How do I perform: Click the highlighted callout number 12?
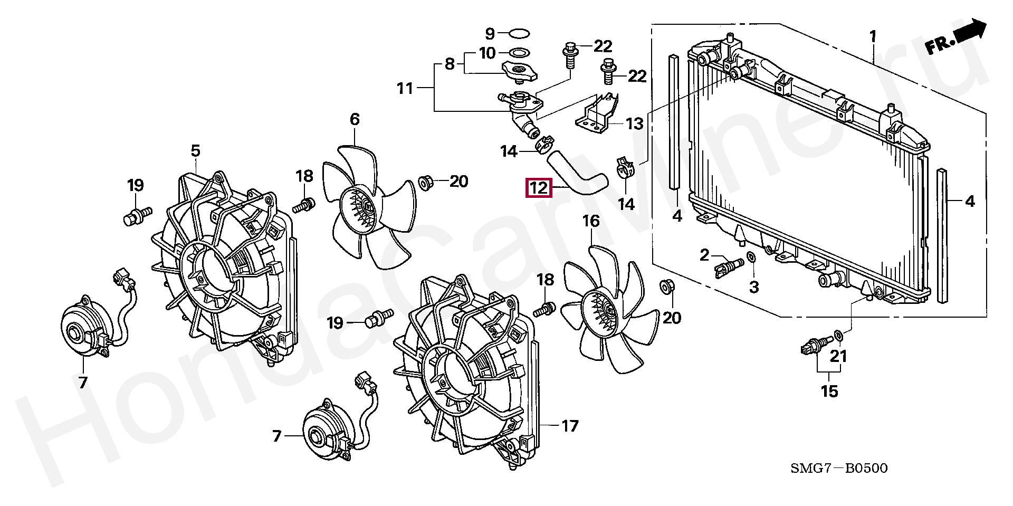[x=538, y=187]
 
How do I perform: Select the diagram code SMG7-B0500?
[x=838, y=468]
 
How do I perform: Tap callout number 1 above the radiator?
[x=873, y=36]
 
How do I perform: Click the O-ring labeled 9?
[x=520, y=34]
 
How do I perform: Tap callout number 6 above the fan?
[x=355, y=119]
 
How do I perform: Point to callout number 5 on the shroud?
[x=195, y=151]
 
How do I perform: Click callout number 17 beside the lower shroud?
[x=570, y=425]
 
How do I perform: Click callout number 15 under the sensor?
[x=829, y=391]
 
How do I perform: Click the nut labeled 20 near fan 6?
[x=425, y=183]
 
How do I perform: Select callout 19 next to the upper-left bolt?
[x=136, y=185]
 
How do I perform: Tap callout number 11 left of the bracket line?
[x=405, y=88]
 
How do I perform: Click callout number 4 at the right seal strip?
[x=970, y=201]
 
